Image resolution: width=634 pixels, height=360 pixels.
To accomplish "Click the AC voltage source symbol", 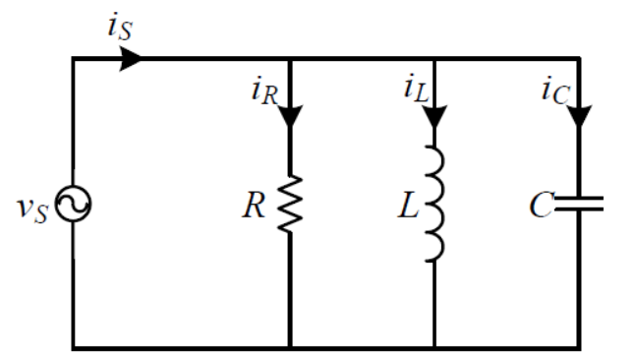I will tap(74, 205).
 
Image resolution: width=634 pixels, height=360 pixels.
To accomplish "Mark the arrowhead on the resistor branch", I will tap(290, 117).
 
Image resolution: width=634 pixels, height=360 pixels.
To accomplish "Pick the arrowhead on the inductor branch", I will tap(433, 117).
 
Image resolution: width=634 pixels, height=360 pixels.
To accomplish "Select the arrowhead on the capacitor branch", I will tap(579, 117).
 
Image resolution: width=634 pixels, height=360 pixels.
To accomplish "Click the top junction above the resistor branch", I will tap(290, 58).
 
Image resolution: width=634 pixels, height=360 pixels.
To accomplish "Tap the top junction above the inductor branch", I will tap(433, 58).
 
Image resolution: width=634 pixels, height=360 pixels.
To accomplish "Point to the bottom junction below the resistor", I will tap(290, 347).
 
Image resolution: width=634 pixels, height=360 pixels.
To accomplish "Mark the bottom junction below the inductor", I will tap(433, 347).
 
